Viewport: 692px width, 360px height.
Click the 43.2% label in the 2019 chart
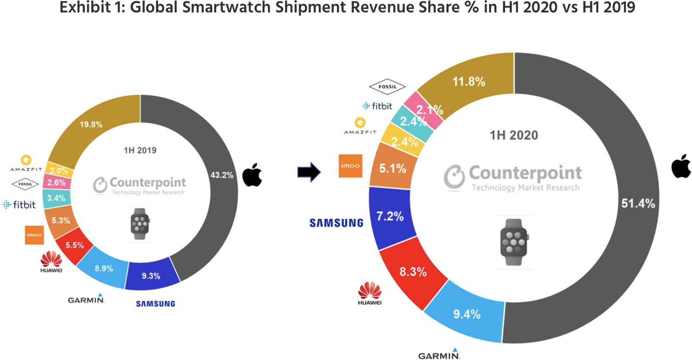pyautogui.click(x=222, y=175)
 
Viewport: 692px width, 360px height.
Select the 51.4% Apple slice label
pyautogui.click(x=638, y=203)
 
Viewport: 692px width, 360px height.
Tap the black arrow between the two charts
pyautogui.click(x=309, y=172)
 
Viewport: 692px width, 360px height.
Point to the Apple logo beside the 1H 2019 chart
pyautogui.click(x=252, y=175)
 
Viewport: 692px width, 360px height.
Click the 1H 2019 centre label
pyautogui.click(x=140, y=151)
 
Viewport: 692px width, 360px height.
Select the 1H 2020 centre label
pyautogui.click(x=514, y=135)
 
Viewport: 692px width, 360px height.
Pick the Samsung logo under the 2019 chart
pyautogui.click(x=156, y=304)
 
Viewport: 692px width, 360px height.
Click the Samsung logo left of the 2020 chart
pyautogui.click(x=336, y=223)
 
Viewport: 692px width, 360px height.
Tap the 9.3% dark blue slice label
pyautogui.click(x=151, y=276)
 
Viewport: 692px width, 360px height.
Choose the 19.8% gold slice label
pyautogui.click(x=91, y=125)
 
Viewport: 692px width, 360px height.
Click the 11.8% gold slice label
pyautogui.click(x=468, y=81)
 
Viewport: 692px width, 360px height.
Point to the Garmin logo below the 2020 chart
pyautogui.click(x=439, y=355)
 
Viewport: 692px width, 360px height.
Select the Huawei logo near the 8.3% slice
pyautogui.click(x=370, y=293)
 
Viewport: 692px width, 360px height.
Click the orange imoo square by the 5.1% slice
pyautogui.click(x=350, y=166)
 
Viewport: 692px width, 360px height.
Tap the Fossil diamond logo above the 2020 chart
pyautogui.click(x=387, y=87)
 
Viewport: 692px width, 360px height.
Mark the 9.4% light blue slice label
pyautogui.click(x=467, y=314)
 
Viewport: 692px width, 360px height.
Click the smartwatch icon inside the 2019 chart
pyautogui.click(x=140, y=223)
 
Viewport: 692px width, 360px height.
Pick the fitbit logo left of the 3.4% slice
pyautogui.click(x=19, y=205)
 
